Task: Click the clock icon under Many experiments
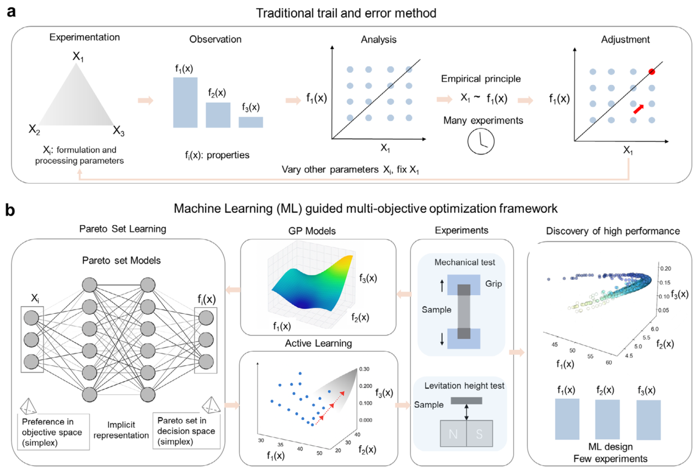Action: [x=480, y=141]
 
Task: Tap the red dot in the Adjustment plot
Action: [x=652, y=72]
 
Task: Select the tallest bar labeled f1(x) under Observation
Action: [x=185, y=103]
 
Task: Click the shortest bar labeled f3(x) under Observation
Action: [x=251, y=122]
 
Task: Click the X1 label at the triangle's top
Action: [x=78, y=56]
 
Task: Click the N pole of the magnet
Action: [x=452, y=434]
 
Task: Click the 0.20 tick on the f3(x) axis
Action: [x=666, y=269]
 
